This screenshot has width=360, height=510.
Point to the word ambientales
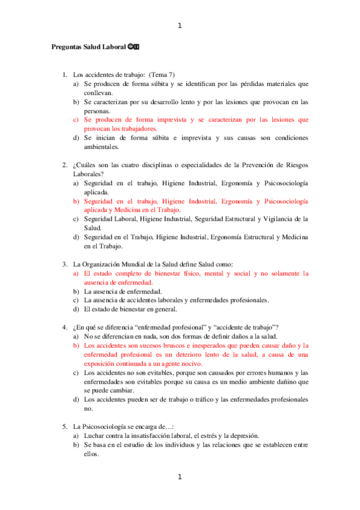(x=101, y=146)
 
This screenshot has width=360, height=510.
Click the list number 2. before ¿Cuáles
(x=64, y=164)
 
